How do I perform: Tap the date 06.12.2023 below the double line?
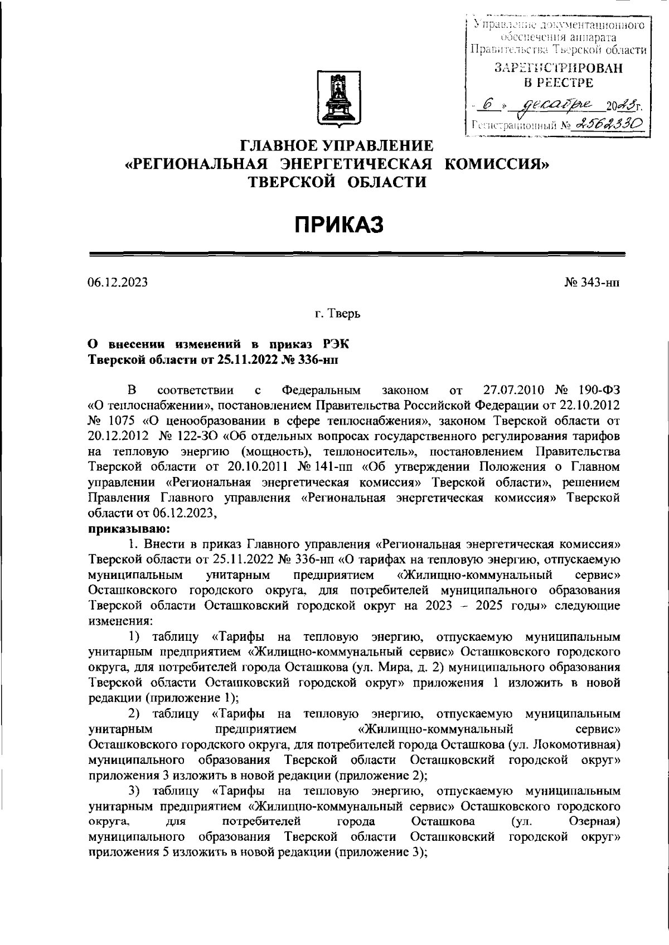(118, 282)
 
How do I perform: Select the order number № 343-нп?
(592, 282)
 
